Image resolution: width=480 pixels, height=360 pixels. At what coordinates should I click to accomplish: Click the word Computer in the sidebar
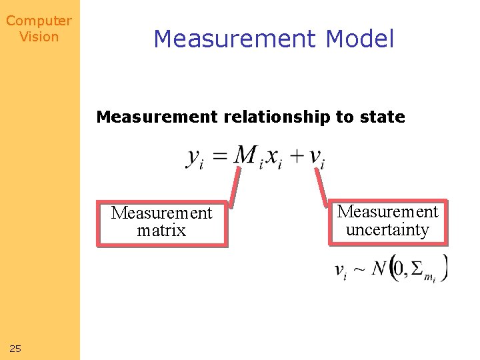[x=39, y=21]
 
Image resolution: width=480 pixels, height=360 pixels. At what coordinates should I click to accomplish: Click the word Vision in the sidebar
[x=39, y=37]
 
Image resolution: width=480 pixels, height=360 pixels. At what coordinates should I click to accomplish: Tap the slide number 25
[x=15, y=348]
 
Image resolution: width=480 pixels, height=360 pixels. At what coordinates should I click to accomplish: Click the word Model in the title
[x=360, y=39]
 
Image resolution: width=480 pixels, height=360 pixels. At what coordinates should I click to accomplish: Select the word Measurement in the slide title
[x=234, y=39]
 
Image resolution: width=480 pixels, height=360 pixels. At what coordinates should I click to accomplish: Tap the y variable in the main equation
[x=194, y=157]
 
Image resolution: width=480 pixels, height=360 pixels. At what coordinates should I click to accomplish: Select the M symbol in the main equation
[x=245, y=155]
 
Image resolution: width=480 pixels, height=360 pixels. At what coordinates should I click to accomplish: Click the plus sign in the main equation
[x=297, y=157]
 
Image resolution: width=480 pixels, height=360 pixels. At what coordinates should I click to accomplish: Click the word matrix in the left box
[x=161, y=231]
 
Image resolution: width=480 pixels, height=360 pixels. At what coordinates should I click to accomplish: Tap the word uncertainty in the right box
[x=387, y=230]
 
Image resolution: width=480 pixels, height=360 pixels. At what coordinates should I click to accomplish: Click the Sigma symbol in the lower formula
[x=417, y=269]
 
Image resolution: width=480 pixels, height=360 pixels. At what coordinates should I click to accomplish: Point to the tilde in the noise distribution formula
[x=359, y=270]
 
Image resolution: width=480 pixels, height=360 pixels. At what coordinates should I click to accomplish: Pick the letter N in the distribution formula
[x=379, y=269]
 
